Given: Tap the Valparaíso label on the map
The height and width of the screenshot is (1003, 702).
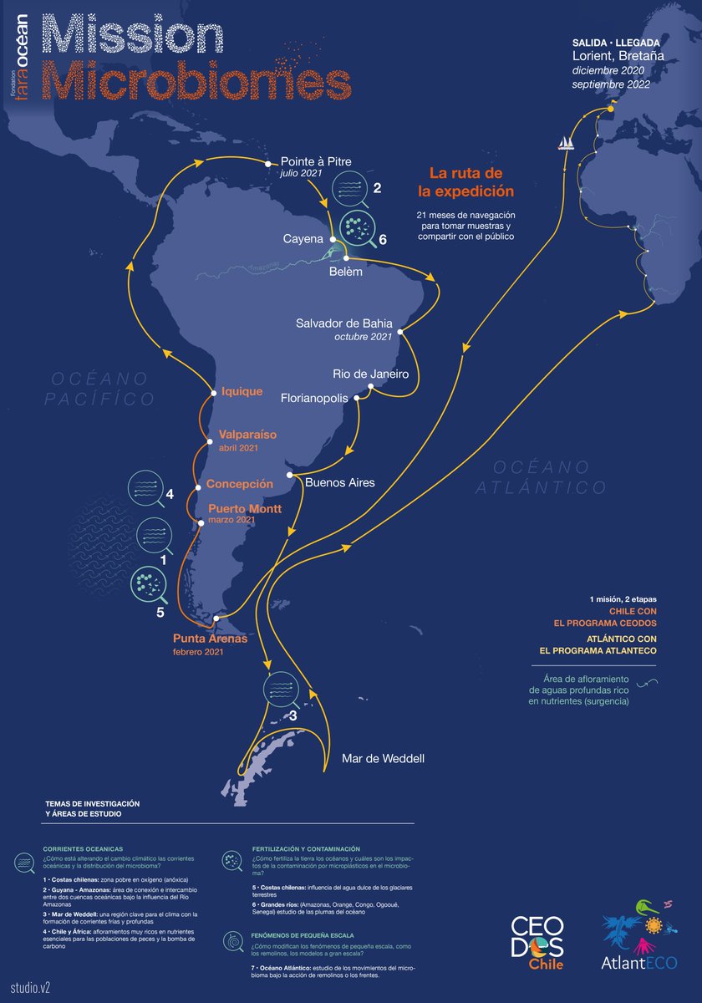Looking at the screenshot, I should coord(247,435).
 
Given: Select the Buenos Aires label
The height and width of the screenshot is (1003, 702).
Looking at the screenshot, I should coord(340,482).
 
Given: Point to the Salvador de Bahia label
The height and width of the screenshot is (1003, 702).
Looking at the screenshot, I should coord(344,323).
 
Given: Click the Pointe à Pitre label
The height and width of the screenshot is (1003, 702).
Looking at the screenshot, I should coord(316,163).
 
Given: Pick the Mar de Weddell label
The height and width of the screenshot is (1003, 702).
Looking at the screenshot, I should coord(383,759).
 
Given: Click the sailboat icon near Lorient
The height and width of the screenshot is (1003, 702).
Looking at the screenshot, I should coord(566,143).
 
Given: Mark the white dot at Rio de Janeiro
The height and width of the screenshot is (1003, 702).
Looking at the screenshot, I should coord(369,386).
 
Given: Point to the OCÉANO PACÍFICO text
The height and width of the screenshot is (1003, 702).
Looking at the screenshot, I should coord(102,389).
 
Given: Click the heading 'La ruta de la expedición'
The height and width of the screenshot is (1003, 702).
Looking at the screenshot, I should coord(465,182).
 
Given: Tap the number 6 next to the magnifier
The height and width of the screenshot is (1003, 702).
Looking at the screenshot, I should coord(383,239).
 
